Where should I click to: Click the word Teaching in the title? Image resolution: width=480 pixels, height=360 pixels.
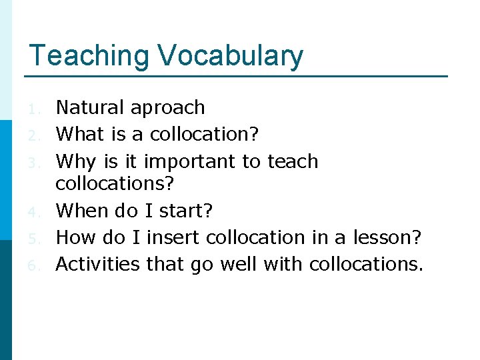[89, 57]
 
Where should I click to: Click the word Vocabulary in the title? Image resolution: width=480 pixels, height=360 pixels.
[231, 57]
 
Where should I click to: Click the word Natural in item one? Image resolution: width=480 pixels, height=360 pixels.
[91, 107]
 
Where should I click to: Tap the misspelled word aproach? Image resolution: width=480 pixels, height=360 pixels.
[168, 108]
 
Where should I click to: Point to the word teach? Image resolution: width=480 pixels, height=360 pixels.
[293, 161]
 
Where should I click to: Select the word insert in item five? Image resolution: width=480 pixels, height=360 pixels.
[174, 237]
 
